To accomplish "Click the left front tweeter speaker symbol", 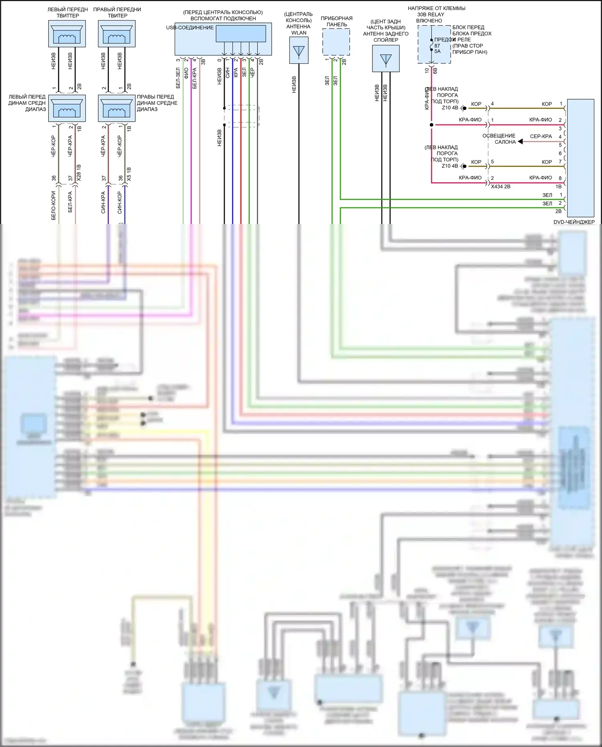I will tap(67, 34).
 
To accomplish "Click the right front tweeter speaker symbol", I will tap(117, 34).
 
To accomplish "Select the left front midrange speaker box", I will tap(67, 108).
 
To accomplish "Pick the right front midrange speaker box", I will tap(117, 108).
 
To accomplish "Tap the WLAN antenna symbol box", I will tap(299, 50).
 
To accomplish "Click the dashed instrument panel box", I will tap(336, 42).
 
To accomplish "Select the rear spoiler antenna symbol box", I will tap(386, 59).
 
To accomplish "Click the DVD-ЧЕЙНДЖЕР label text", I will tap(574, 222).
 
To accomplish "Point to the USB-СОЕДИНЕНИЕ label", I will tap(190, 28).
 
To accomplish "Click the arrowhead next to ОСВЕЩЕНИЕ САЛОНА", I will tap(520, 141).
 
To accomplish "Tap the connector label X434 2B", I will tap(500, 187).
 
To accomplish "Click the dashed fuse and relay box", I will tap(434, 44).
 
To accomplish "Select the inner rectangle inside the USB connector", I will tap(241, 34).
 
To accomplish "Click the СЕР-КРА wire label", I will tap(541, 136).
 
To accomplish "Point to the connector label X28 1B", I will tap(79, 173).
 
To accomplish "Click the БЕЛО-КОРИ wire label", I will tap(54, 205).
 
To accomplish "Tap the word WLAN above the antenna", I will tap(299, 33).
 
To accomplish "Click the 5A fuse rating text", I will tap(437, 51).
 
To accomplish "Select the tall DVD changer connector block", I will tap(580, 158).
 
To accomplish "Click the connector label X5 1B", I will tap(129, 174).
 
